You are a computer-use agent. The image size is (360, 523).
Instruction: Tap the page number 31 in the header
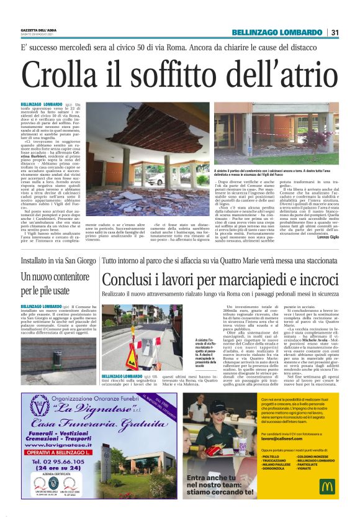335,33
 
